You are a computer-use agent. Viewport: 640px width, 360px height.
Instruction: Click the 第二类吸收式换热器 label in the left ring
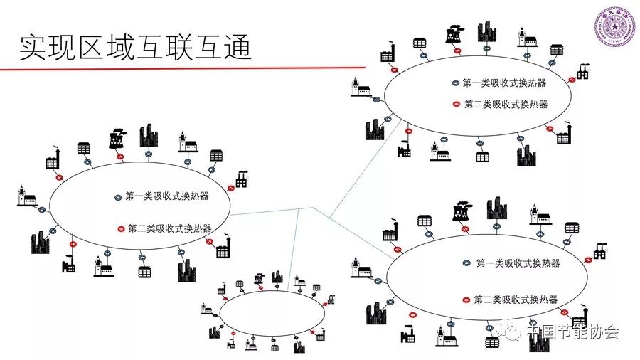(170, 228)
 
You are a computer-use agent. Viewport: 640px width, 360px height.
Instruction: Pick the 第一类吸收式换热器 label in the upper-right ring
(504, 83)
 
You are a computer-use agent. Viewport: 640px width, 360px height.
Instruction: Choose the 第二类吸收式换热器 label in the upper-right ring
(506, 104)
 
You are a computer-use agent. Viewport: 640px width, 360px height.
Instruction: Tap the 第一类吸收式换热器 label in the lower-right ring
(518, 263)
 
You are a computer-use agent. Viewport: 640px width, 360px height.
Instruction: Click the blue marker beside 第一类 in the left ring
(118, 196)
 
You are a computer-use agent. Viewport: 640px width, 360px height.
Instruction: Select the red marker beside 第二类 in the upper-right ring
(457, 104)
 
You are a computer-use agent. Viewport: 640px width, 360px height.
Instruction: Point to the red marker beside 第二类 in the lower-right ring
(466, 300)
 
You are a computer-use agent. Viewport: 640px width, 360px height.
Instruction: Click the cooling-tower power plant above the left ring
(117, 138)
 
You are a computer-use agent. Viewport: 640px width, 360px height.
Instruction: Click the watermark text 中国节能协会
(572, 332)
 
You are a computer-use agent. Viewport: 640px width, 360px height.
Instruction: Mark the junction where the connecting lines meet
(313, 208)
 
